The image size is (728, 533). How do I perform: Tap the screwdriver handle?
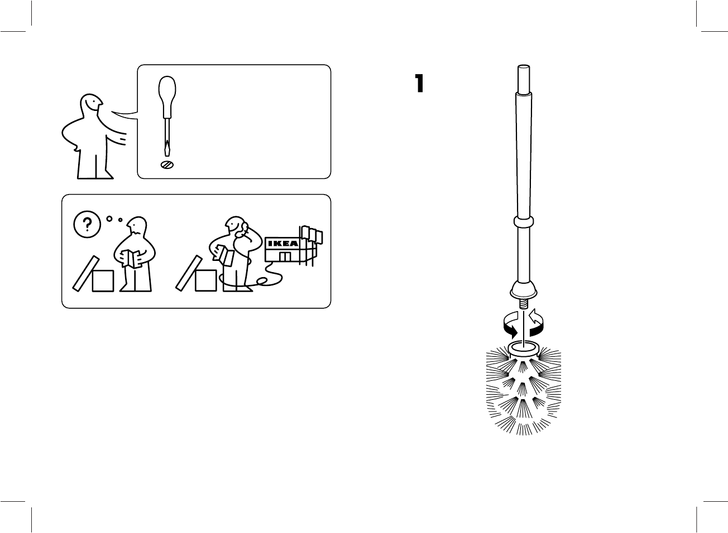click(x=166, y=91)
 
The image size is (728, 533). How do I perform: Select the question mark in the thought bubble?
click(x=87, y=224)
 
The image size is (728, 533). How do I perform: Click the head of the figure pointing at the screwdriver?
click(x=91, y=104)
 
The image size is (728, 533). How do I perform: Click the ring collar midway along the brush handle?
click(x=524, y=223)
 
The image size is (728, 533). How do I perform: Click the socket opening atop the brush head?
click(x=523, y=348)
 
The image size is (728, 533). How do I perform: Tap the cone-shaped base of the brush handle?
click(x=524, y=290)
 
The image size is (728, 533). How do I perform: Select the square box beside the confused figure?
click(x=103, y=280)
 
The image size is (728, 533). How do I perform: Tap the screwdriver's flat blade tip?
click(x=166, y=149)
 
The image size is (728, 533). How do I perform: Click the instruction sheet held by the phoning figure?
click(x=226, y=255)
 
